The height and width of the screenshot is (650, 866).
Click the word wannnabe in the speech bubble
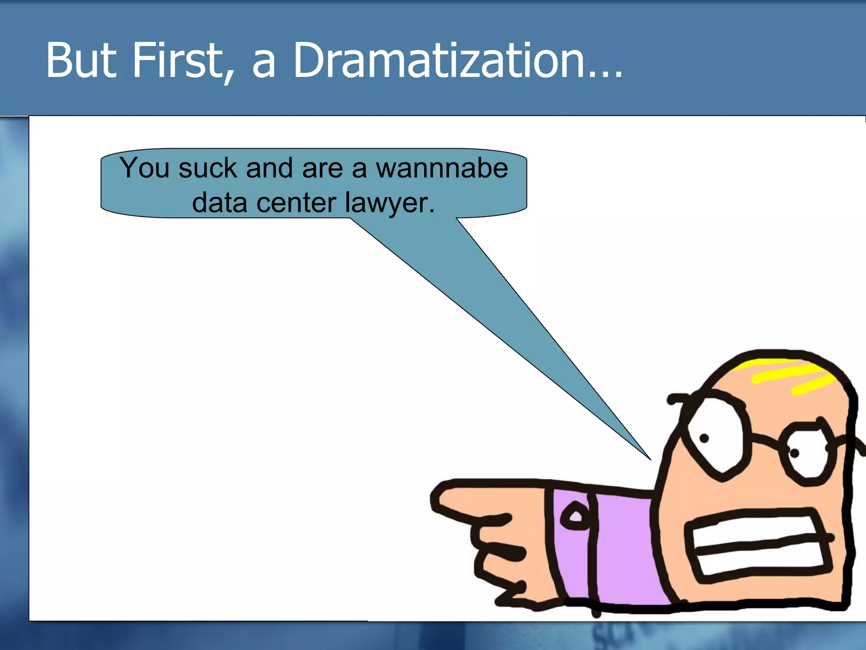[442, 168]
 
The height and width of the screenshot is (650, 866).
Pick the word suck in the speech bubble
[208, 168]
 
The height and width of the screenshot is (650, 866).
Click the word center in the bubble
[296, 203]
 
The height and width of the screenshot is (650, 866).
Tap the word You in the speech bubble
[144, 168]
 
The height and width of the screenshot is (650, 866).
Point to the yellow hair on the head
[791, 375]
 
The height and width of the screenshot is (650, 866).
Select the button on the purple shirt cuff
[575, 516]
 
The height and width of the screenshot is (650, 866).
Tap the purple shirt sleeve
[622, 550]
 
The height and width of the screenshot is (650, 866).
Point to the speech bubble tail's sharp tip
[650, 459]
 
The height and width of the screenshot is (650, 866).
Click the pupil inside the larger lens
[704, 438]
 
